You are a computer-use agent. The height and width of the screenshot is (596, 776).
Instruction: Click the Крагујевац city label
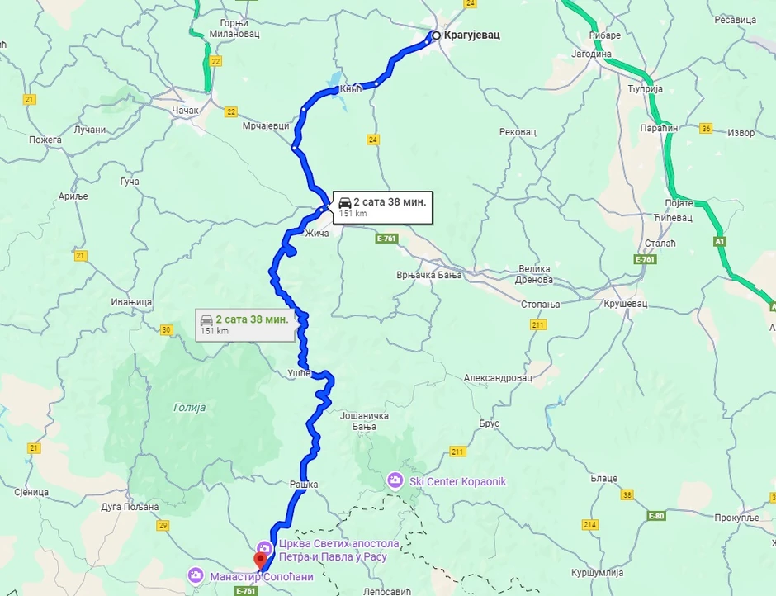point(472,35)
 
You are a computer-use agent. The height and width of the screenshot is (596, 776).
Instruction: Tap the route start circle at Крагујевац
point(435,35)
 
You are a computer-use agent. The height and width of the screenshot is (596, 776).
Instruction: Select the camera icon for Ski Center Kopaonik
point(395,480)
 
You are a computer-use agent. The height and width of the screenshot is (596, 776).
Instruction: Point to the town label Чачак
point(186,110)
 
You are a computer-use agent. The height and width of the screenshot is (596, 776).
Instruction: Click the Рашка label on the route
point(304,484)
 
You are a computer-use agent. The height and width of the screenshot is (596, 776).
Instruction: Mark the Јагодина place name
point(591,54)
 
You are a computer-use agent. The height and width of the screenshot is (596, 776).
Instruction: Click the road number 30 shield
point(167,330)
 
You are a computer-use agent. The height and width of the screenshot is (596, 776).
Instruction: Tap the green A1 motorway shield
point(719,241)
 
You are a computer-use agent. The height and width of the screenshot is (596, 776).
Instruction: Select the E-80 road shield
point(656,517)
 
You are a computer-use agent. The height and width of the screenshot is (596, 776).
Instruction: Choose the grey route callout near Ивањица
point(244,324)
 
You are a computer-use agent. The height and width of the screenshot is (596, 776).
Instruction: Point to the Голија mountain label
point(190,407)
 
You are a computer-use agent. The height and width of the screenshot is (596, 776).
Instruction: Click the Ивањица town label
point(133,303)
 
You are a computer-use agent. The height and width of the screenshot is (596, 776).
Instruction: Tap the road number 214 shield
point(589,524)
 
